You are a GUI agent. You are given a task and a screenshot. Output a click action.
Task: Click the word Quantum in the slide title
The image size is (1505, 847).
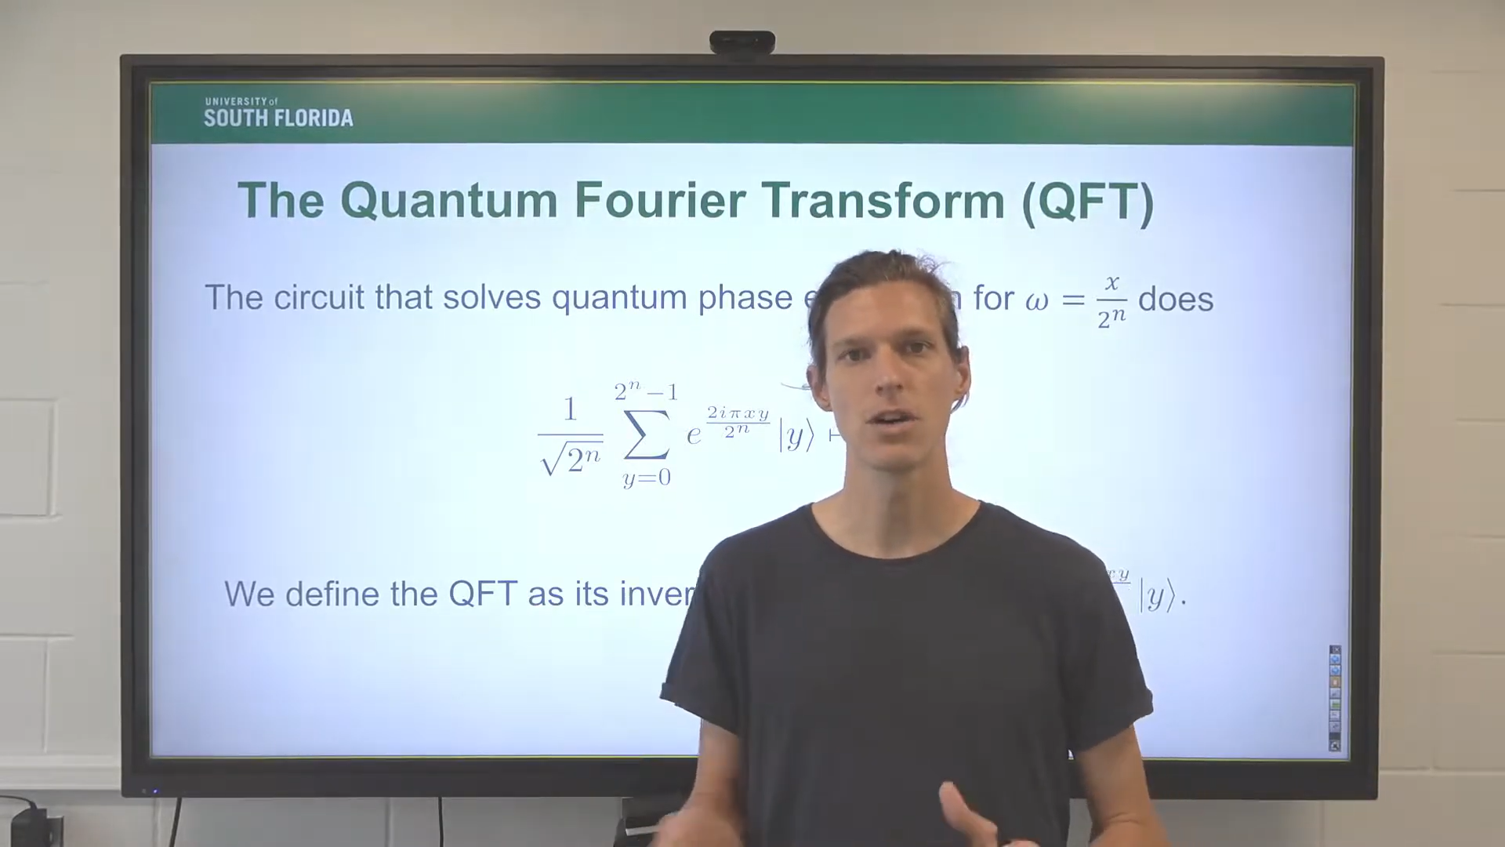click(x=448, y=202)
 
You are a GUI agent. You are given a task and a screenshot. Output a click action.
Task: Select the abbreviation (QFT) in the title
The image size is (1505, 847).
click(x=1088, y=202)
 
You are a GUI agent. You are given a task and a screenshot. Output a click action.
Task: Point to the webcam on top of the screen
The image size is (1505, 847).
click(x=742, y=42)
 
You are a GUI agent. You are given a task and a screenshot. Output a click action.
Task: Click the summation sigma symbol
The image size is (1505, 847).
click(x=647, y=434)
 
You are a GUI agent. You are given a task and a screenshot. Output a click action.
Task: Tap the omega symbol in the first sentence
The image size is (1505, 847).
click(x=1036, y=300)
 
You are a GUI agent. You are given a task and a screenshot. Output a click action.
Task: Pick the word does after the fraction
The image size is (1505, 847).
click(x=1175, y=299)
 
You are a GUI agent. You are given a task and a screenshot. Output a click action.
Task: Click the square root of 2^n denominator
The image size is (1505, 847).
click(x=571, y=459)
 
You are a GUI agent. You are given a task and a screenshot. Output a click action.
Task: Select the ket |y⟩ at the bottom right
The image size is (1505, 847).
click(x=1159, y=598)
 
